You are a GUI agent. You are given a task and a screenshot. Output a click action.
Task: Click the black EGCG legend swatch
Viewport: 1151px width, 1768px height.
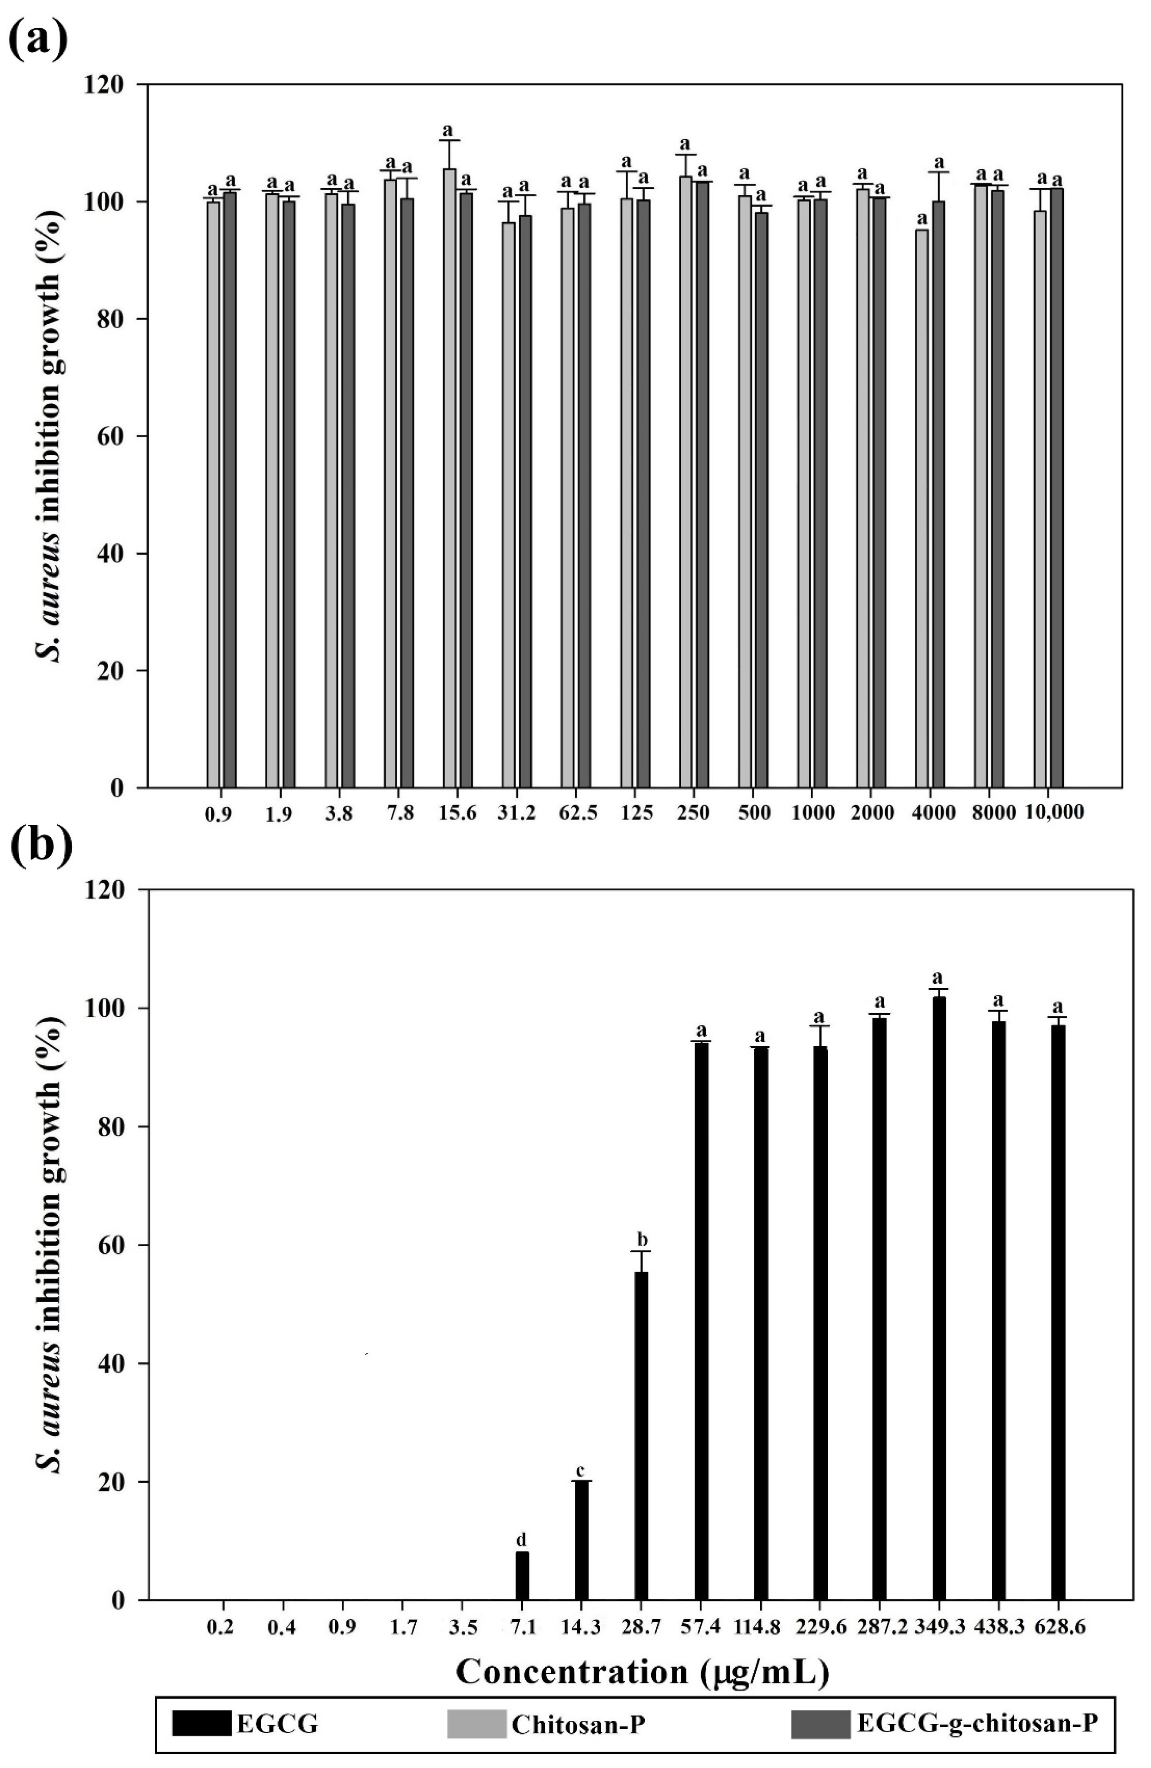(x=201, y=1703)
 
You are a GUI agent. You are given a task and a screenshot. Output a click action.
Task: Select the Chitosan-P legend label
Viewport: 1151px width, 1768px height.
(x=577, y=1703)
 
